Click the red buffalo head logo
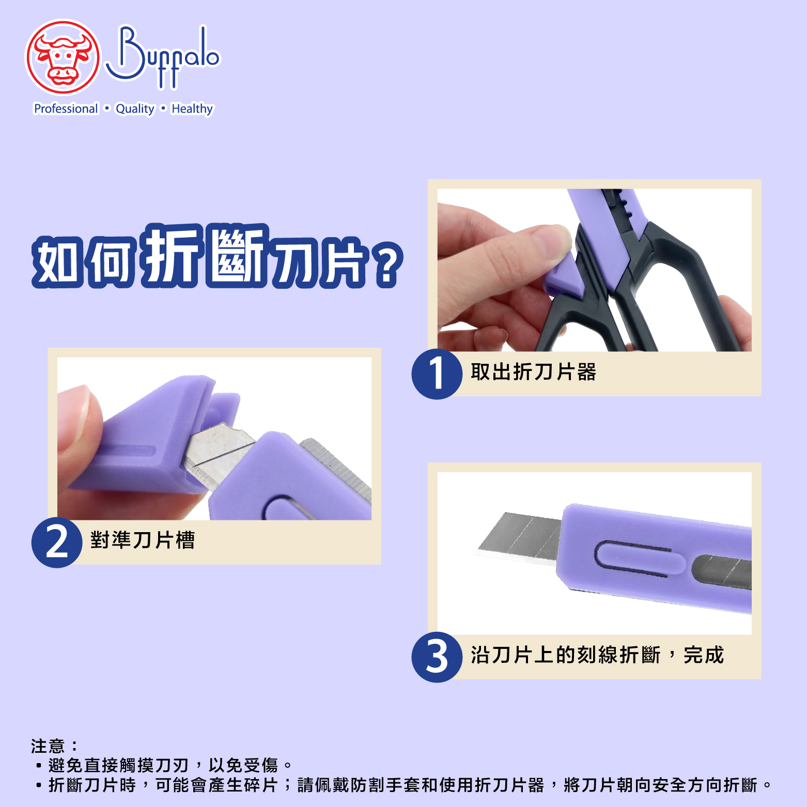click(x=63, y=57)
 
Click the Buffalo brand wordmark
click(x=163, y=57)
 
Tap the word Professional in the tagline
click(x=66, y=109)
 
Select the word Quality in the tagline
click(x=135, y=109)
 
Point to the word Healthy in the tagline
click(x=192, y=109)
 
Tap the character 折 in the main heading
click(x=172, y=255)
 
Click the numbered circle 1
click(x=437, y=374)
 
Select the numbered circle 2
click(x=57, y=542)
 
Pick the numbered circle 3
click(x=437, y=657)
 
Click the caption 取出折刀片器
click(x=533, y=371)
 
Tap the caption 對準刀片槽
click(x=143, y=540)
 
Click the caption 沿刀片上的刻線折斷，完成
click(x=597, y=655)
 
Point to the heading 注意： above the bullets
click(x=55, y=746)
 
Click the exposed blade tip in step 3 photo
click(x=483, y=550)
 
